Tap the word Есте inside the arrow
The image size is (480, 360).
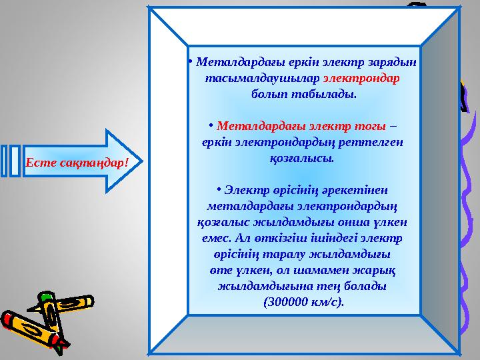(39, 162)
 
